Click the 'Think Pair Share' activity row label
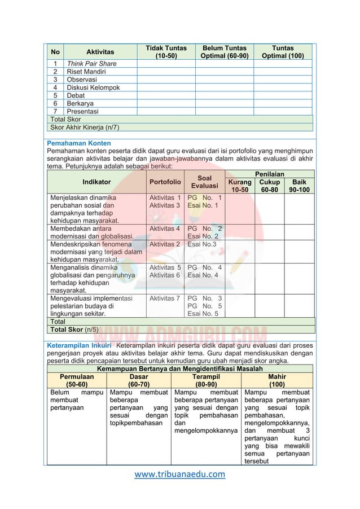(91, 64)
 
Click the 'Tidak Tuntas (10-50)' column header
(166, 52)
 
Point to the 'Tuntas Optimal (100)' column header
(283, 52)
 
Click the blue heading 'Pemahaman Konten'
(79, 143)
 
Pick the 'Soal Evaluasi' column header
(205, 182)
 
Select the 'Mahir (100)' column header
(277, 380)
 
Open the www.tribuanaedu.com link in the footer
(180, 474)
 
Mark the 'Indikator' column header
(96, 182)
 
